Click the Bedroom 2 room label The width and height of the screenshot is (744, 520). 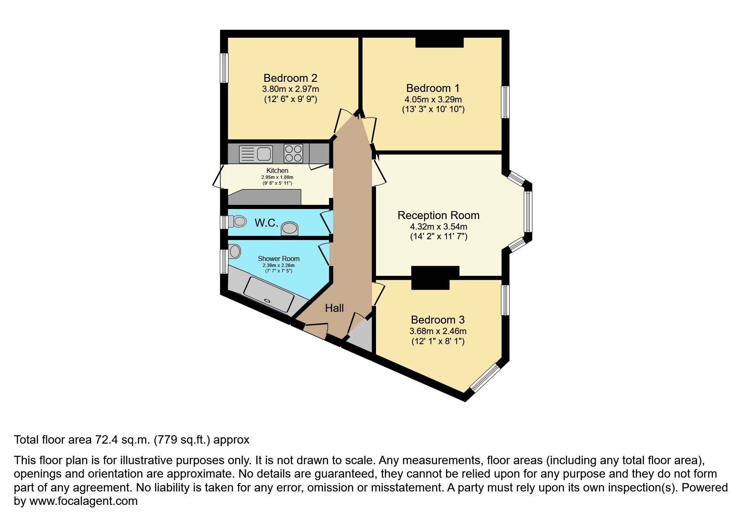[x=290, y=78]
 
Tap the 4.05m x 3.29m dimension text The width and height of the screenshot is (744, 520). [x=433, y=99]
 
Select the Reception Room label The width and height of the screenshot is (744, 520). [x=438, y=215]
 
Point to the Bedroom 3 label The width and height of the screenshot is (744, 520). [x=437, y=320]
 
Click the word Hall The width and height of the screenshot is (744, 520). [x=334, y=308]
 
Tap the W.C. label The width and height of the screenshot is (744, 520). [x=266, y=223]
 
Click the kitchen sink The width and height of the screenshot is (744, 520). [x=256, y=154]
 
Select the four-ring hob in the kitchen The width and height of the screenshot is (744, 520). [x=293, y=153]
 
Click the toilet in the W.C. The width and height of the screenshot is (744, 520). [x=237, y=221]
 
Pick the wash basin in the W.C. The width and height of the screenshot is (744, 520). [x=289, y=228]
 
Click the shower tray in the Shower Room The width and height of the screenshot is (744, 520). [x=269, y=294]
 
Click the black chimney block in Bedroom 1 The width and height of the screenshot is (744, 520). [x=439, y=42]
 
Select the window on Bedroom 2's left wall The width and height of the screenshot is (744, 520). [x=225, y=68]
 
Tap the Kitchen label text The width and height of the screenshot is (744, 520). [x=277, y=170]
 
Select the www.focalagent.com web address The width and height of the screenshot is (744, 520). [x=83, y=501]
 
